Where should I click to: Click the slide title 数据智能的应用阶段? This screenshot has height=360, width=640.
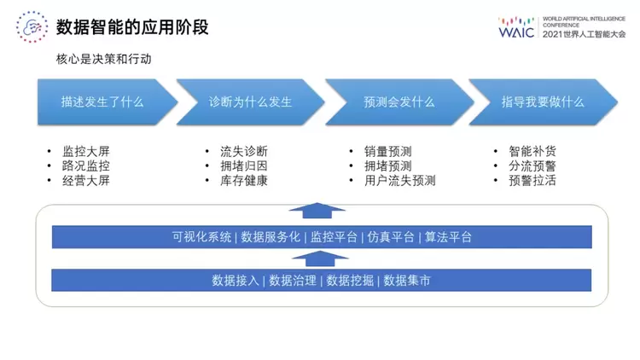point(132,27)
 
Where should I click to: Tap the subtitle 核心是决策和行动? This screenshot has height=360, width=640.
point(105,60)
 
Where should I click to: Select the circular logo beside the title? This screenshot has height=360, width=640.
point(32,27)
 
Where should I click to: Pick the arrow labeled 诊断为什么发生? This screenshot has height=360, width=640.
point(250,102)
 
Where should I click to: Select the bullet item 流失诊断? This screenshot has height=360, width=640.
point(243,152)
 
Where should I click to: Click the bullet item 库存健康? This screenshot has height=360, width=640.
point(243,181)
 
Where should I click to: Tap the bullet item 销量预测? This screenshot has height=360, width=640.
point(387,152)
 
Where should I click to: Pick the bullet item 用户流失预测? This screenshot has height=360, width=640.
point(399,181)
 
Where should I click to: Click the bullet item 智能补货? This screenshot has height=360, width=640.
point(532,152)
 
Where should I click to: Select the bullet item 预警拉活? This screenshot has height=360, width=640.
point(532,181)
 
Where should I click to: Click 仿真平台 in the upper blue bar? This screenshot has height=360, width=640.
point(391,237)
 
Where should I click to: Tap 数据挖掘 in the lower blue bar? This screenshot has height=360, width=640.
point(350,280)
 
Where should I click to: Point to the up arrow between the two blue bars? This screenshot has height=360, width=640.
point(318,258)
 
